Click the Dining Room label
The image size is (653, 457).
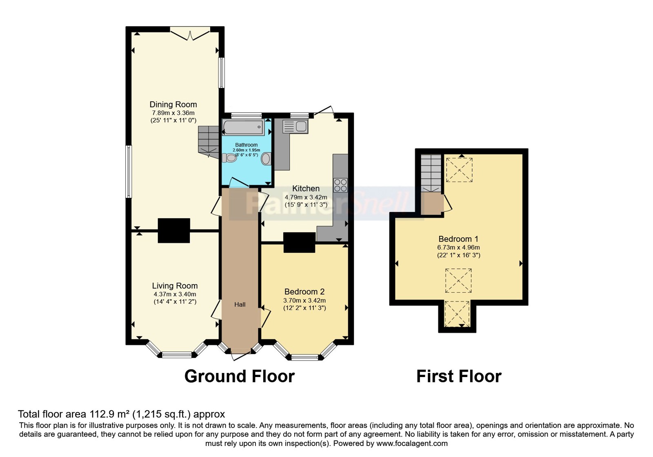coord(173,104)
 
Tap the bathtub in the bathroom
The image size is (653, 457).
coord(243,127)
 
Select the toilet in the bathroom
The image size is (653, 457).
coord(229,158)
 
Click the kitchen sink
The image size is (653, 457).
coord(295,126)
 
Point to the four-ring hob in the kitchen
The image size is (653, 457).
coord(340,185)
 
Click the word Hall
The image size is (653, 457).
coord(240,304)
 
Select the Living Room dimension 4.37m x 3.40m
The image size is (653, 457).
coord(175,294)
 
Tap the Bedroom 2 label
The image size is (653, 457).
coord(304,291)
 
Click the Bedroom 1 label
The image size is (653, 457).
coord(458,239)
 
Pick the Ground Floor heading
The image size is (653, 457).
coord(240,376)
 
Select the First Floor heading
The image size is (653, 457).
coord(459,376)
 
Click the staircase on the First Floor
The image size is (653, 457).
coord(431,173)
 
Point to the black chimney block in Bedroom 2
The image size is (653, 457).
coord(300,242)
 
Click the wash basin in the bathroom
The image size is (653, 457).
coord(266,159)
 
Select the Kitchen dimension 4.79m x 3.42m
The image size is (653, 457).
coord(306,197)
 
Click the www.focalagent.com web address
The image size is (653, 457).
coord(412,444)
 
